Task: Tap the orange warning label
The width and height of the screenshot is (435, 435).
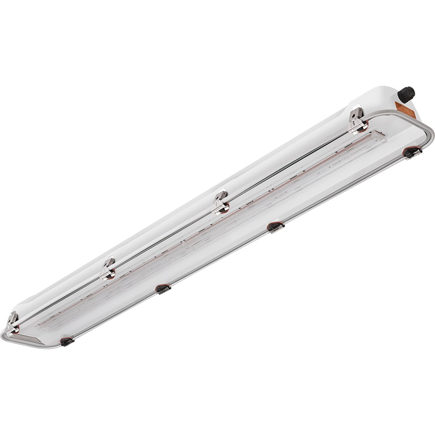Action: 405,109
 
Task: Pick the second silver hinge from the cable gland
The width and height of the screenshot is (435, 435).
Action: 221,202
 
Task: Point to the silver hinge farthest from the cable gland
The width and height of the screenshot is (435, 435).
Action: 12,323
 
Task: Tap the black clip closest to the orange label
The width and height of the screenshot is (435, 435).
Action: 412,153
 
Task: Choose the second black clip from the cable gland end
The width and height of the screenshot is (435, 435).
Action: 275,227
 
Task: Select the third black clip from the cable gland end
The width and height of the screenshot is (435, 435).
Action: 163,289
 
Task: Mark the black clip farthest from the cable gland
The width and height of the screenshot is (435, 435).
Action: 67,341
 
